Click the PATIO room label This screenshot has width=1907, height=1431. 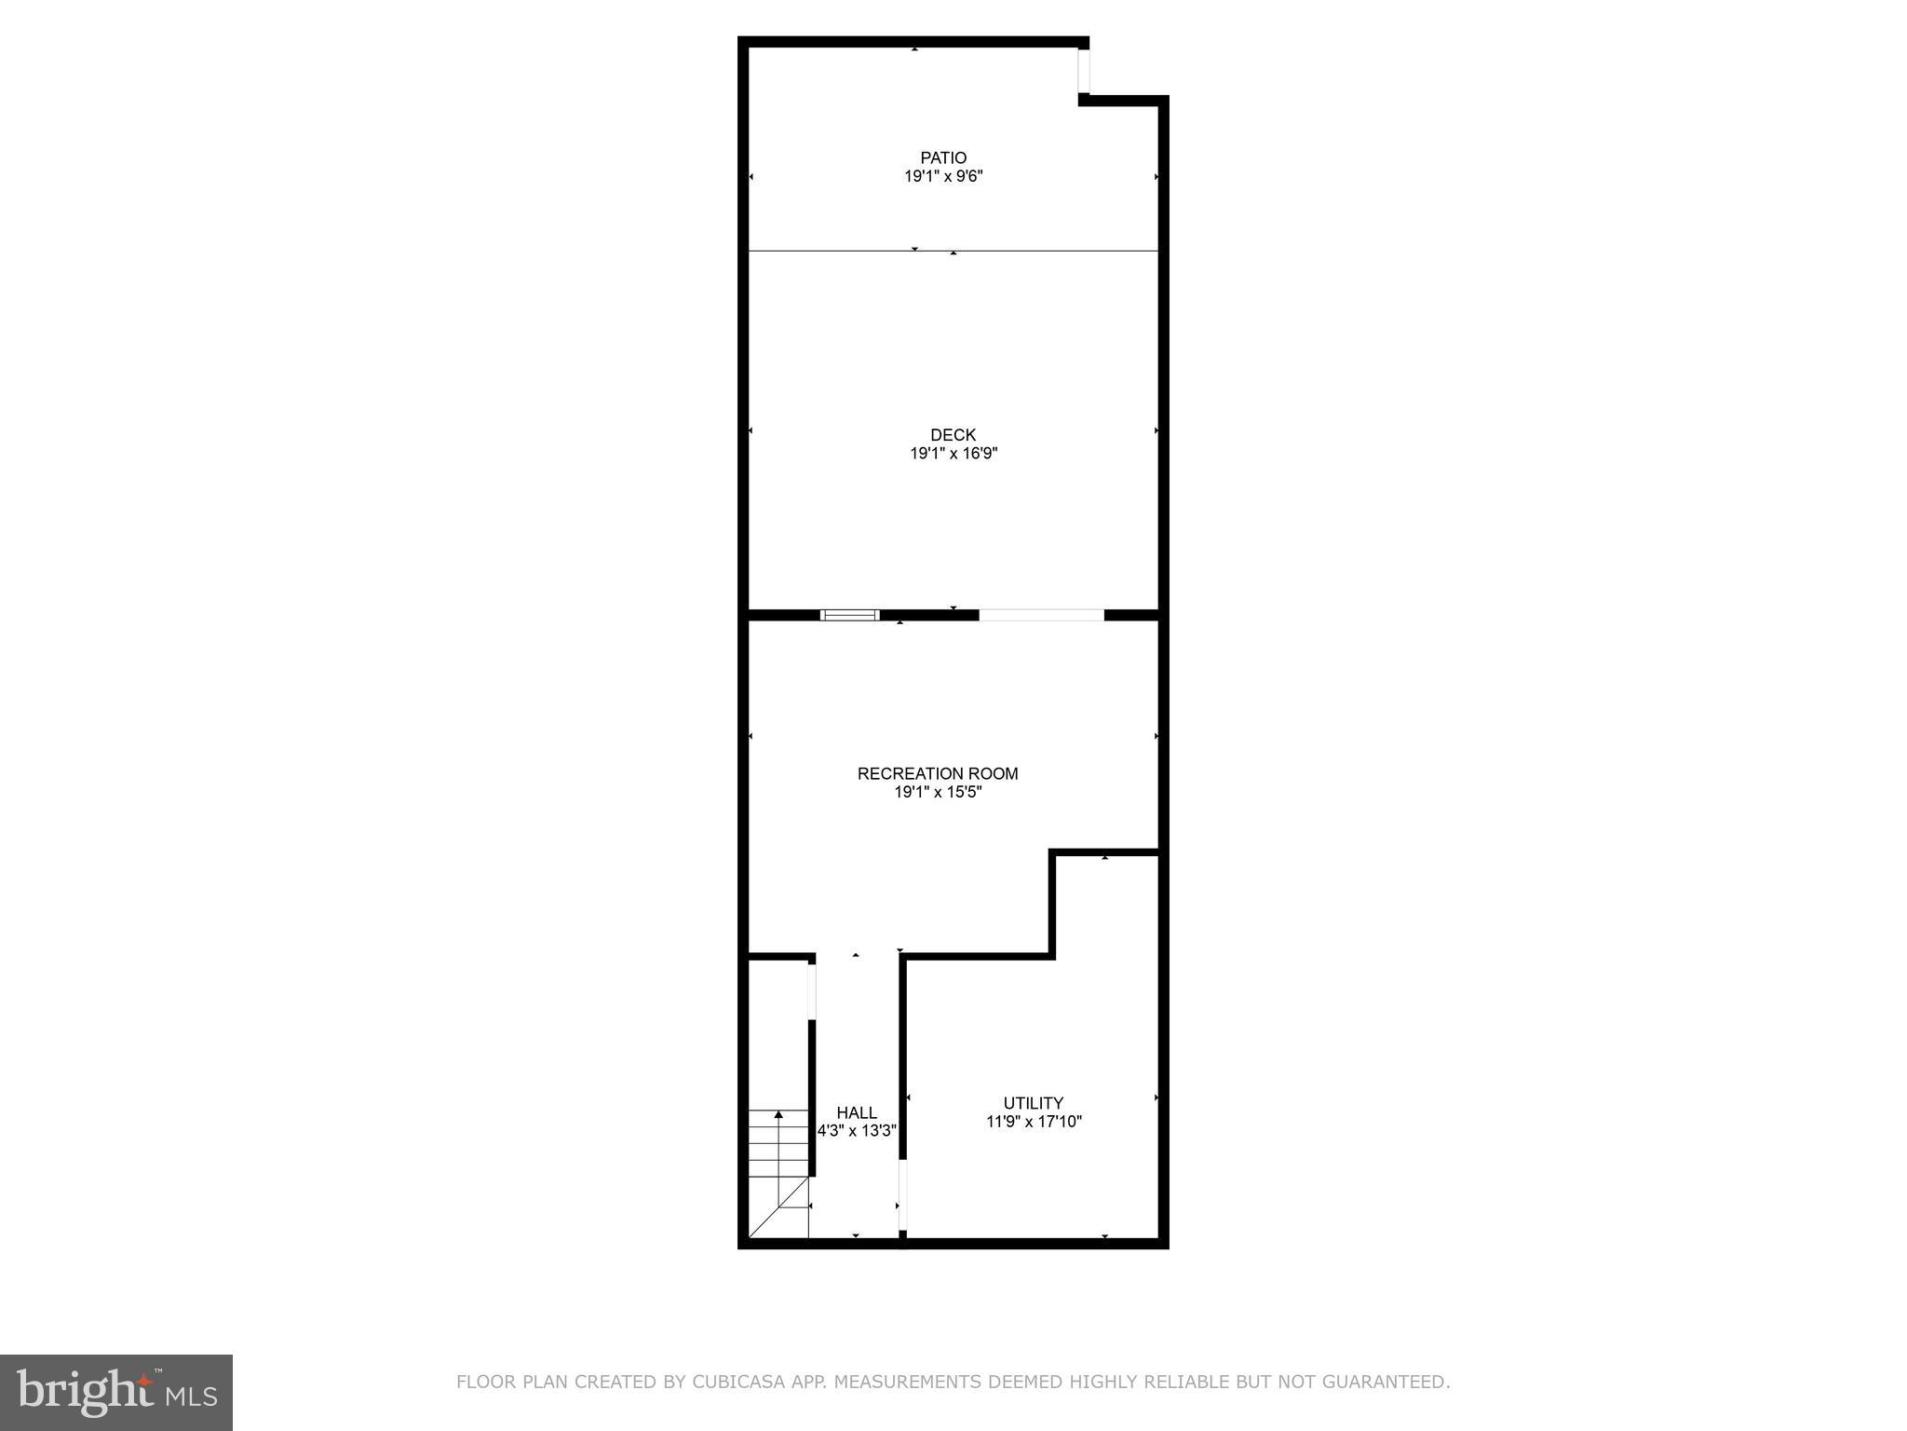point(943,157)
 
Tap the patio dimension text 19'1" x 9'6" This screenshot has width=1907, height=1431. point(943,176)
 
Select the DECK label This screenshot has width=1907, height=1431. point(953,435)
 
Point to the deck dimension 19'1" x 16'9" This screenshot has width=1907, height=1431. point(953,454)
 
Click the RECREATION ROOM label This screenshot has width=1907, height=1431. point(938,773)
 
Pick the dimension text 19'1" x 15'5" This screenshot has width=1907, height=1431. point(938,793)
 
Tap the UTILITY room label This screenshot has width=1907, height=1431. point(1033,1103)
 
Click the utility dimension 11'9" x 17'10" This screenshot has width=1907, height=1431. point(1034,1122)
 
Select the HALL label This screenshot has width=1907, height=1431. point(856,1112)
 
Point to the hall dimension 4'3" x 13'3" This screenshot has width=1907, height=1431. point(857,1131)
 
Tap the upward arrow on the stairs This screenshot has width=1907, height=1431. point(778,1116)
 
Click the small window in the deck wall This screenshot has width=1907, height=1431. point(849,615)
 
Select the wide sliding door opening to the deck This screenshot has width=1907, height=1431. point(1041,615)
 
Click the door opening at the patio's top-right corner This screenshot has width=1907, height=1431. point(1084,71)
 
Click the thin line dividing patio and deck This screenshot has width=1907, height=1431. point(1024,251)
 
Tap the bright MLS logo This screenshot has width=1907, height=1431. point(115,1392)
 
